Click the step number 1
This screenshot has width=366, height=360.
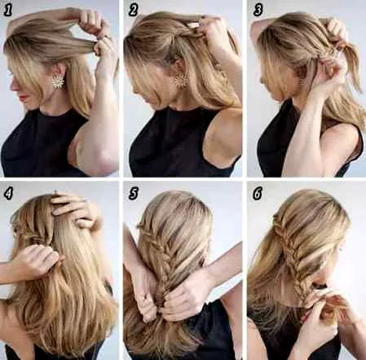(x=8, y=11)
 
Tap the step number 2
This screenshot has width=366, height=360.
(x=133, y=11)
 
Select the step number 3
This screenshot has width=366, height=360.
(x=258, y=11)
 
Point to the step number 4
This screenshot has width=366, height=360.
(x=8, y=194)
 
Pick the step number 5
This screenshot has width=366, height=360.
(x=133, y=194)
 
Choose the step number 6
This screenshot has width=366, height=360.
(x=258, y=194)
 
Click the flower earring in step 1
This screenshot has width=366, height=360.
(x=58, y=81)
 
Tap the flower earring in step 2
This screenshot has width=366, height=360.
(x=179, y=80)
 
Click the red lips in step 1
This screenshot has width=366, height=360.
(x=24, y=96)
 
